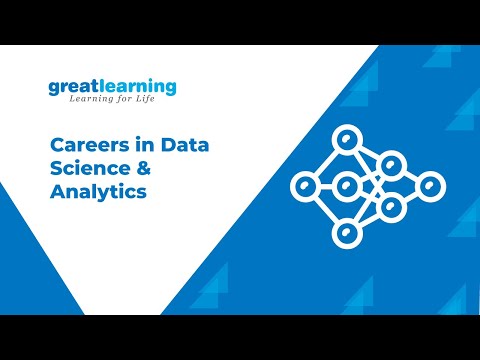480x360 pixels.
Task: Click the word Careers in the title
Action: pos(83,146)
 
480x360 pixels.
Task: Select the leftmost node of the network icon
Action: pos(303,185)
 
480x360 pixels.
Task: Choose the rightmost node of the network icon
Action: pos(431,185)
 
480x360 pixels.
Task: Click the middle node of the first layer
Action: pos(347,185)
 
